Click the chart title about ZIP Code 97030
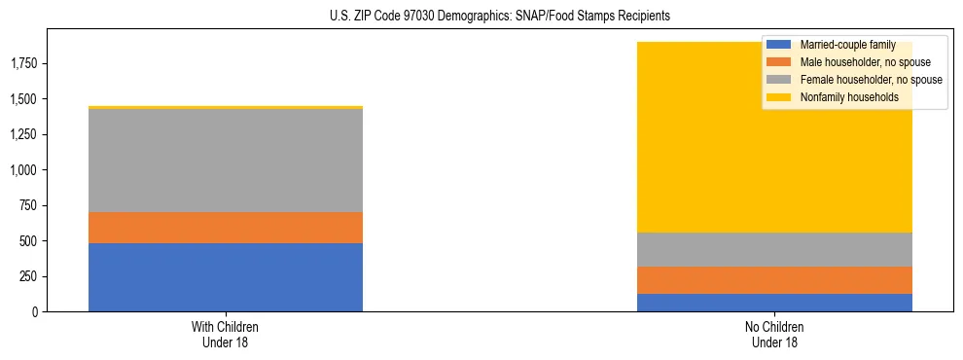tap(482, 17)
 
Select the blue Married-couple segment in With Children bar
tap(226, 277)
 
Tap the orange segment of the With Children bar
tap(226, 228)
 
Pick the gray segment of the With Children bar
tap(226, 161)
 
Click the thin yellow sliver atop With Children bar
tap(226, 107)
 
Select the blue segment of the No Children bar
tap(774, 303)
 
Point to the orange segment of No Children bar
tap(774, 280)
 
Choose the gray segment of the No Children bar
tap(774, 249)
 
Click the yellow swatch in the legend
tap(779, 97)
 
